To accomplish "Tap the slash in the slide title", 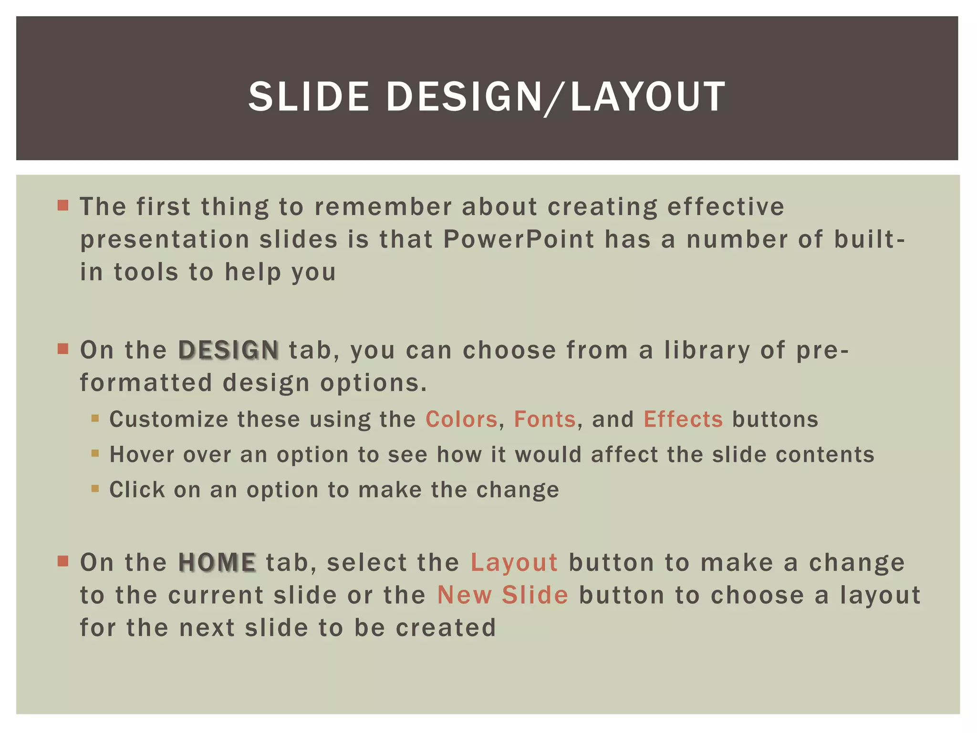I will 556,98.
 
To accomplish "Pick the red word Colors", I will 461,419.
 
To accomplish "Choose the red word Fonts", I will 545,419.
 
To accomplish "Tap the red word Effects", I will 683,419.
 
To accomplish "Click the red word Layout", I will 514,562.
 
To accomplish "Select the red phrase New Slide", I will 503,595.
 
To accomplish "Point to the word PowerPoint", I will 519,239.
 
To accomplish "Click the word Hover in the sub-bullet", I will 142,454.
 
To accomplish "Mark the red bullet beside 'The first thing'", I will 63,206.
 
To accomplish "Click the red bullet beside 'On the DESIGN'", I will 63,349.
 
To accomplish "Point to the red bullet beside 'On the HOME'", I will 63,561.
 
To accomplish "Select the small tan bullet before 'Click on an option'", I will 95,489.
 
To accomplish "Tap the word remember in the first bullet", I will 383,207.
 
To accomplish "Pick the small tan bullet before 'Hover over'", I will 95,453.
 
